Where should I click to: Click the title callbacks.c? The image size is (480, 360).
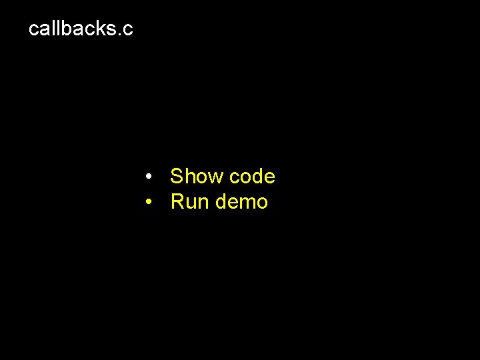81,29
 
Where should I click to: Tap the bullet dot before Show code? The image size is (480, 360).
151,177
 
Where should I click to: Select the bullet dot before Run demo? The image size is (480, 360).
151,201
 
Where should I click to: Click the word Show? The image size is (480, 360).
197,177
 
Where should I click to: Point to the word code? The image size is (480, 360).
251,177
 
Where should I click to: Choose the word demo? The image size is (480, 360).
241,201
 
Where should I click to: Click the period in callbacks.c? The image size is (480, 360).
119,34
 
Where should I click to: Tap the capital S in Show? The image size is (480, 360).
177,177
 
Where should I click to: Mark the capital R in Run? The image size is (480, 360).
178,201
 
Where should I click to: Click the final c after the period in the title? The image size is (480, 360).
128,30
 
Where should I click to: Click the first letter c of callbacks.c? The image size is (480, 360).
34,30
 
